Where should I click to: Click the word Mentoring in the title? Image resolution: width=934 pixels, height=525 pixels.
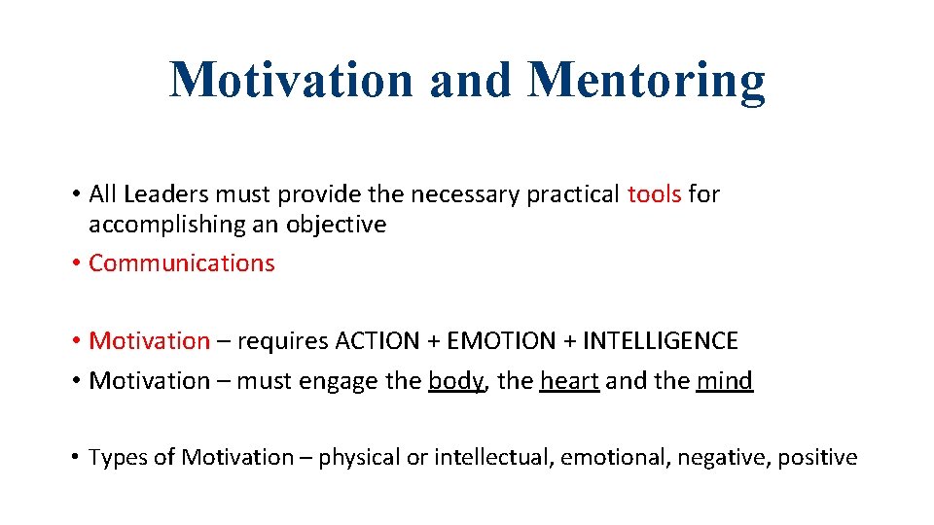(646, 82)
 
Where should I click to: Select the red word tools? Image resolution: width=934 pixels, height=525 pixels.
(654, 194)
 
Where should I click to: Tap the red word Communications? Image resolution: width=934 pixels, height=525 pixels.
(182, 263)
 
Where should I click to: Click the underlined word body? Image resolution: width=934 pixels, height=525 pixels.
(455, 381)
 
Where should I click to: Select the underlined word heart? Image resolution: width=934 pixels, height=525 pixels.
(569, 381)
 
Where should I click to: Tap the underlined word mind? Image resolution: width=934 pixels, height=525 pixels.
(725, 381)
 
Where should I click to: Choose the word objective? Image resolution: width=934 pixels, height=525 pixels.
(336, 225)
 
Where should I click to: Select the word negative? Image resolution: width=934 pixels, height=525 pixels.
(723, 458)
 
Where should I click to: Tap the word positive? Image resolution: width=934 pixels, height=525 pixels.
(817, 458)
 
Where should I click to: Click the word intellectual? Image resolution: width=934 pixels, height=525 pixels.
(492, 458)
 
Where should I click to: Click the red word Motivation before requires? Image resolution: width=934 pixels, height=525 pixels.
(149, 341)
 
